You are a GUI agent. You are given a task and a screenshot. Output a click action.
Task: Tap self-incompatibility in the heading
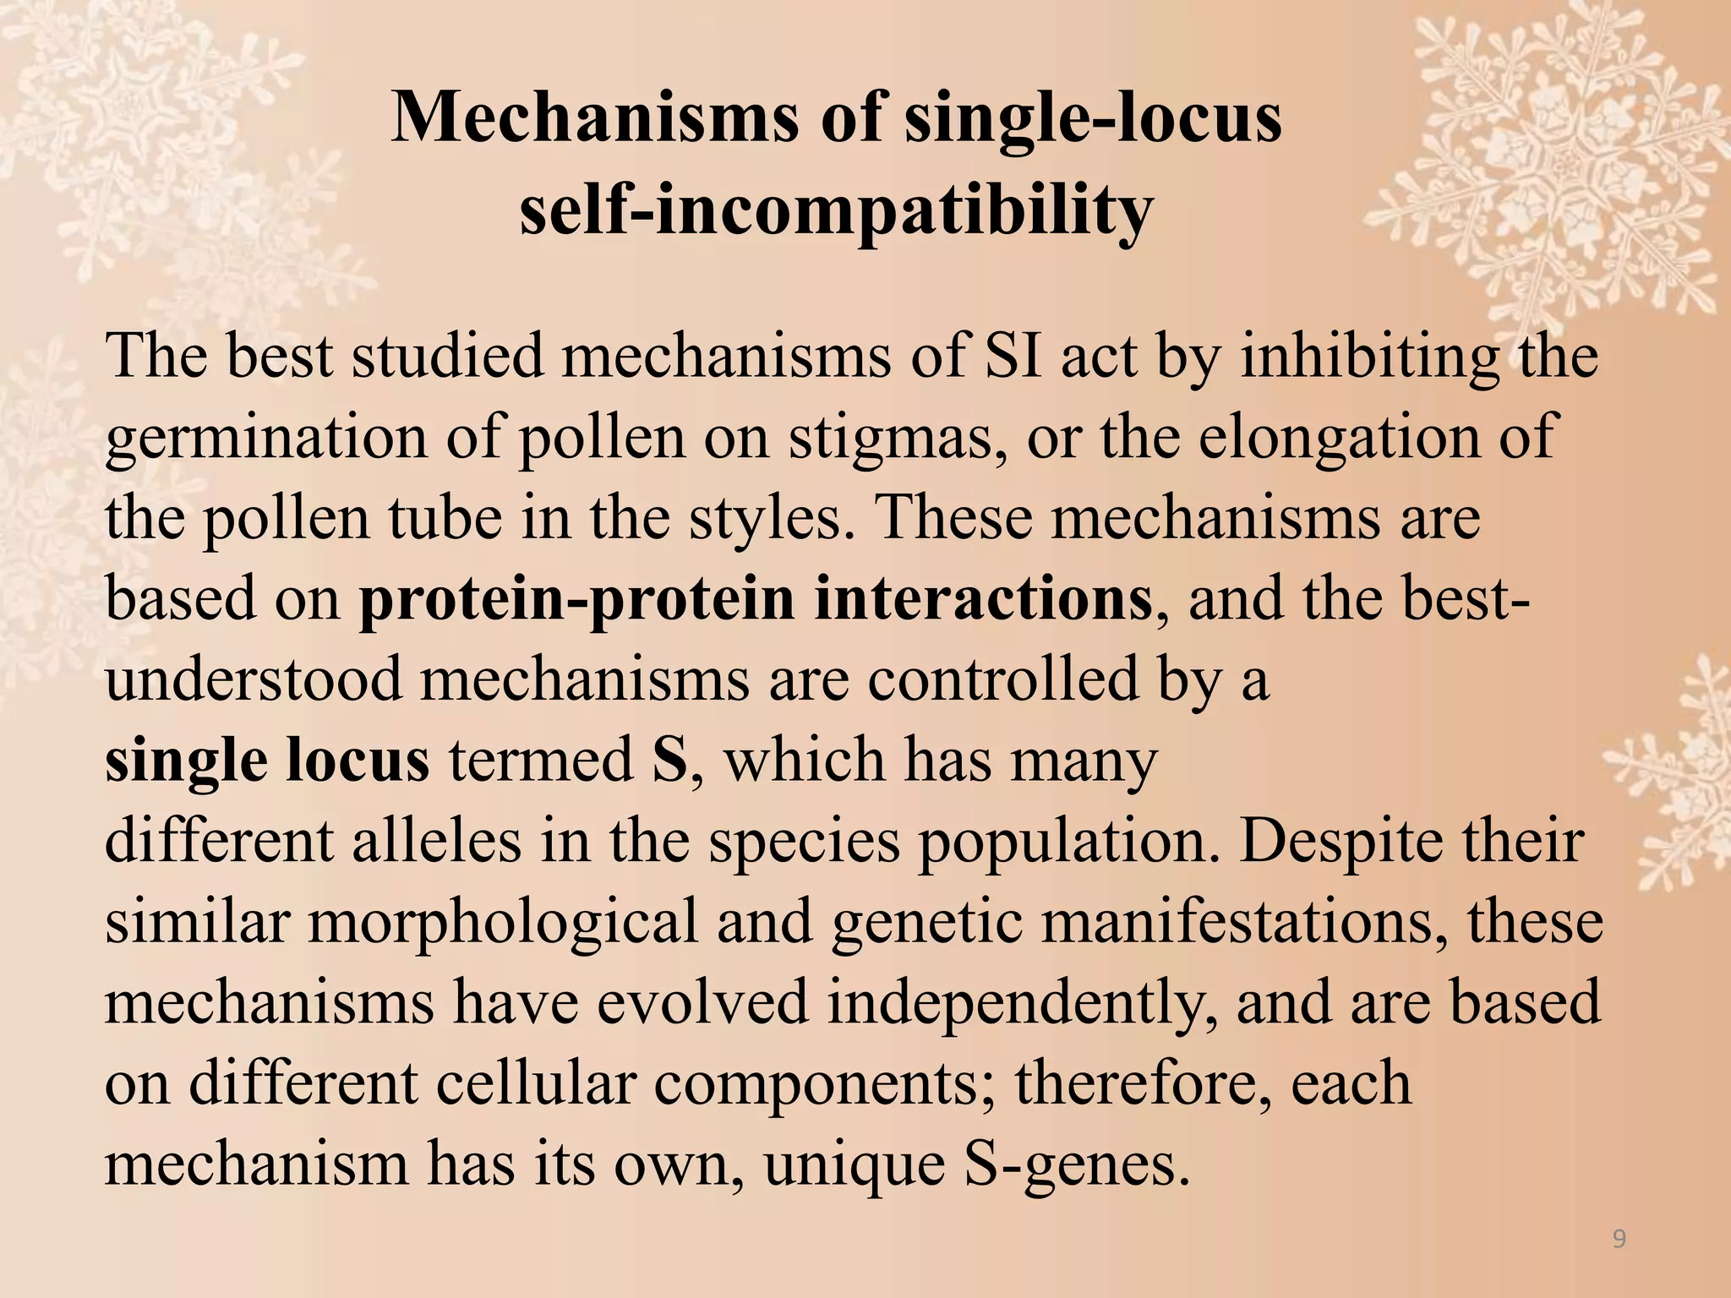click(836, 209)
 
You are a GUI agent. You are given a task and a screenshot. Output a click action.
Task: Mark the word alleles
click(436, 841)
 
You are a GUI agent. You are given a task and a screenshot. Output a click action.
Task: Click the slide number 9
click(1619, 1240)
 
